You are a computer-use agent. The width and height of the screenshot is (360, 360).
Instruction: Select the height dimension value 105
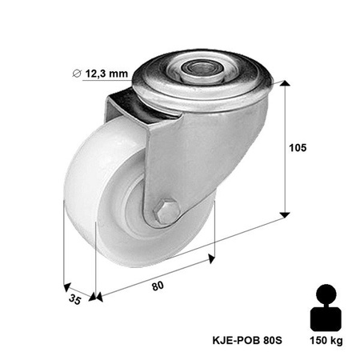pyautogui.click(x=298, y=148)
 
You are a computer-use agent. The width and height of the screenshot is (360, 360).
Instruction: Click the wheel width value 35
pyautogui.click(x=74, y=300)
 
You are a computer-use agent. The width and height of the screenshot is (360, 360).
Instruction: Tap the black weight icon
pyautogui.click(x=326, y=308)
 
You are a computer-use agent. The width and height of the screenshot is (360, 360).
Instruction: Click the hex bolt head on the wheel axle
pyautogui.click(x=166, y=212)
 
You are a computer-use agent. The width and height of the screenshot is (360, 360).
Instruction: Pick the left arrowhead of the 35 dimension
pyautogui.click(x=66, y=286)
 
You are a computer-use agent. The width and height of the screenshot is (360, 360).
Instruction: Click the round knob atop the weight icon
pyautogui.click(x=326, y=293)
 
